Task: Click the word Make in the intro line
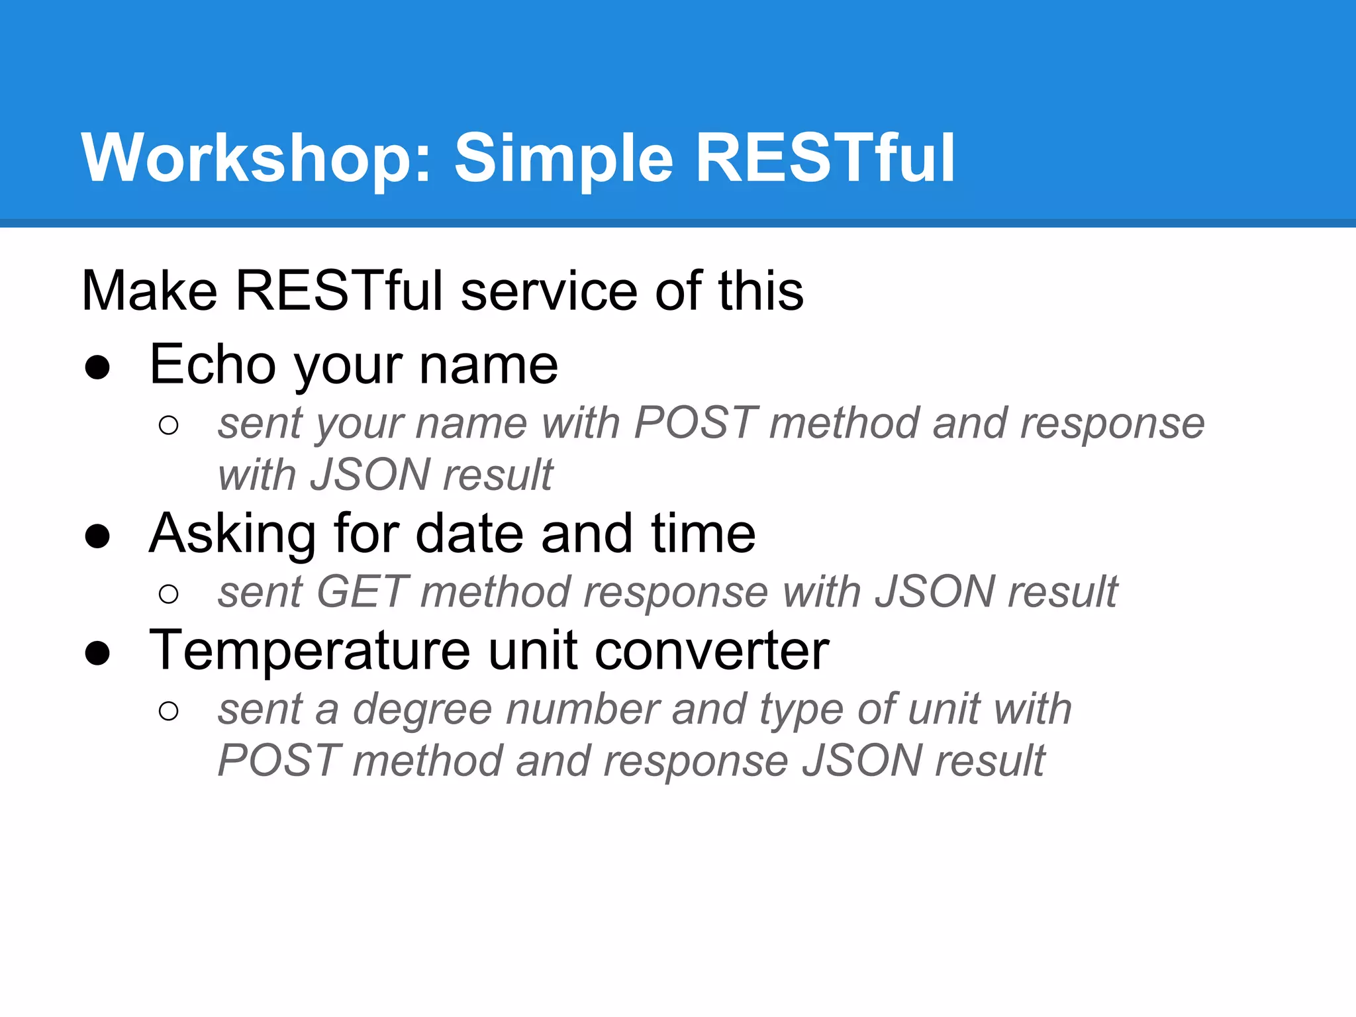[x=150, y=291]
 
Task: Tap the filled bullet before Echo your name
[x=97, y=367]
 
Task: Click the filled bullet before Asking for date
[x=97, y=536]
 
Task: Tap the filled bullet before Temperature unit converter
[x=97, y=653]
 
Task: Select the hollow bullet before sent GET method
[x=169, y=594]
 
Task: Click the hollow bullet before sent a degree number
[x=169, y=711]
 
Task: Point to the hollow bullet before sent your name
[x=169, y=425]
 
